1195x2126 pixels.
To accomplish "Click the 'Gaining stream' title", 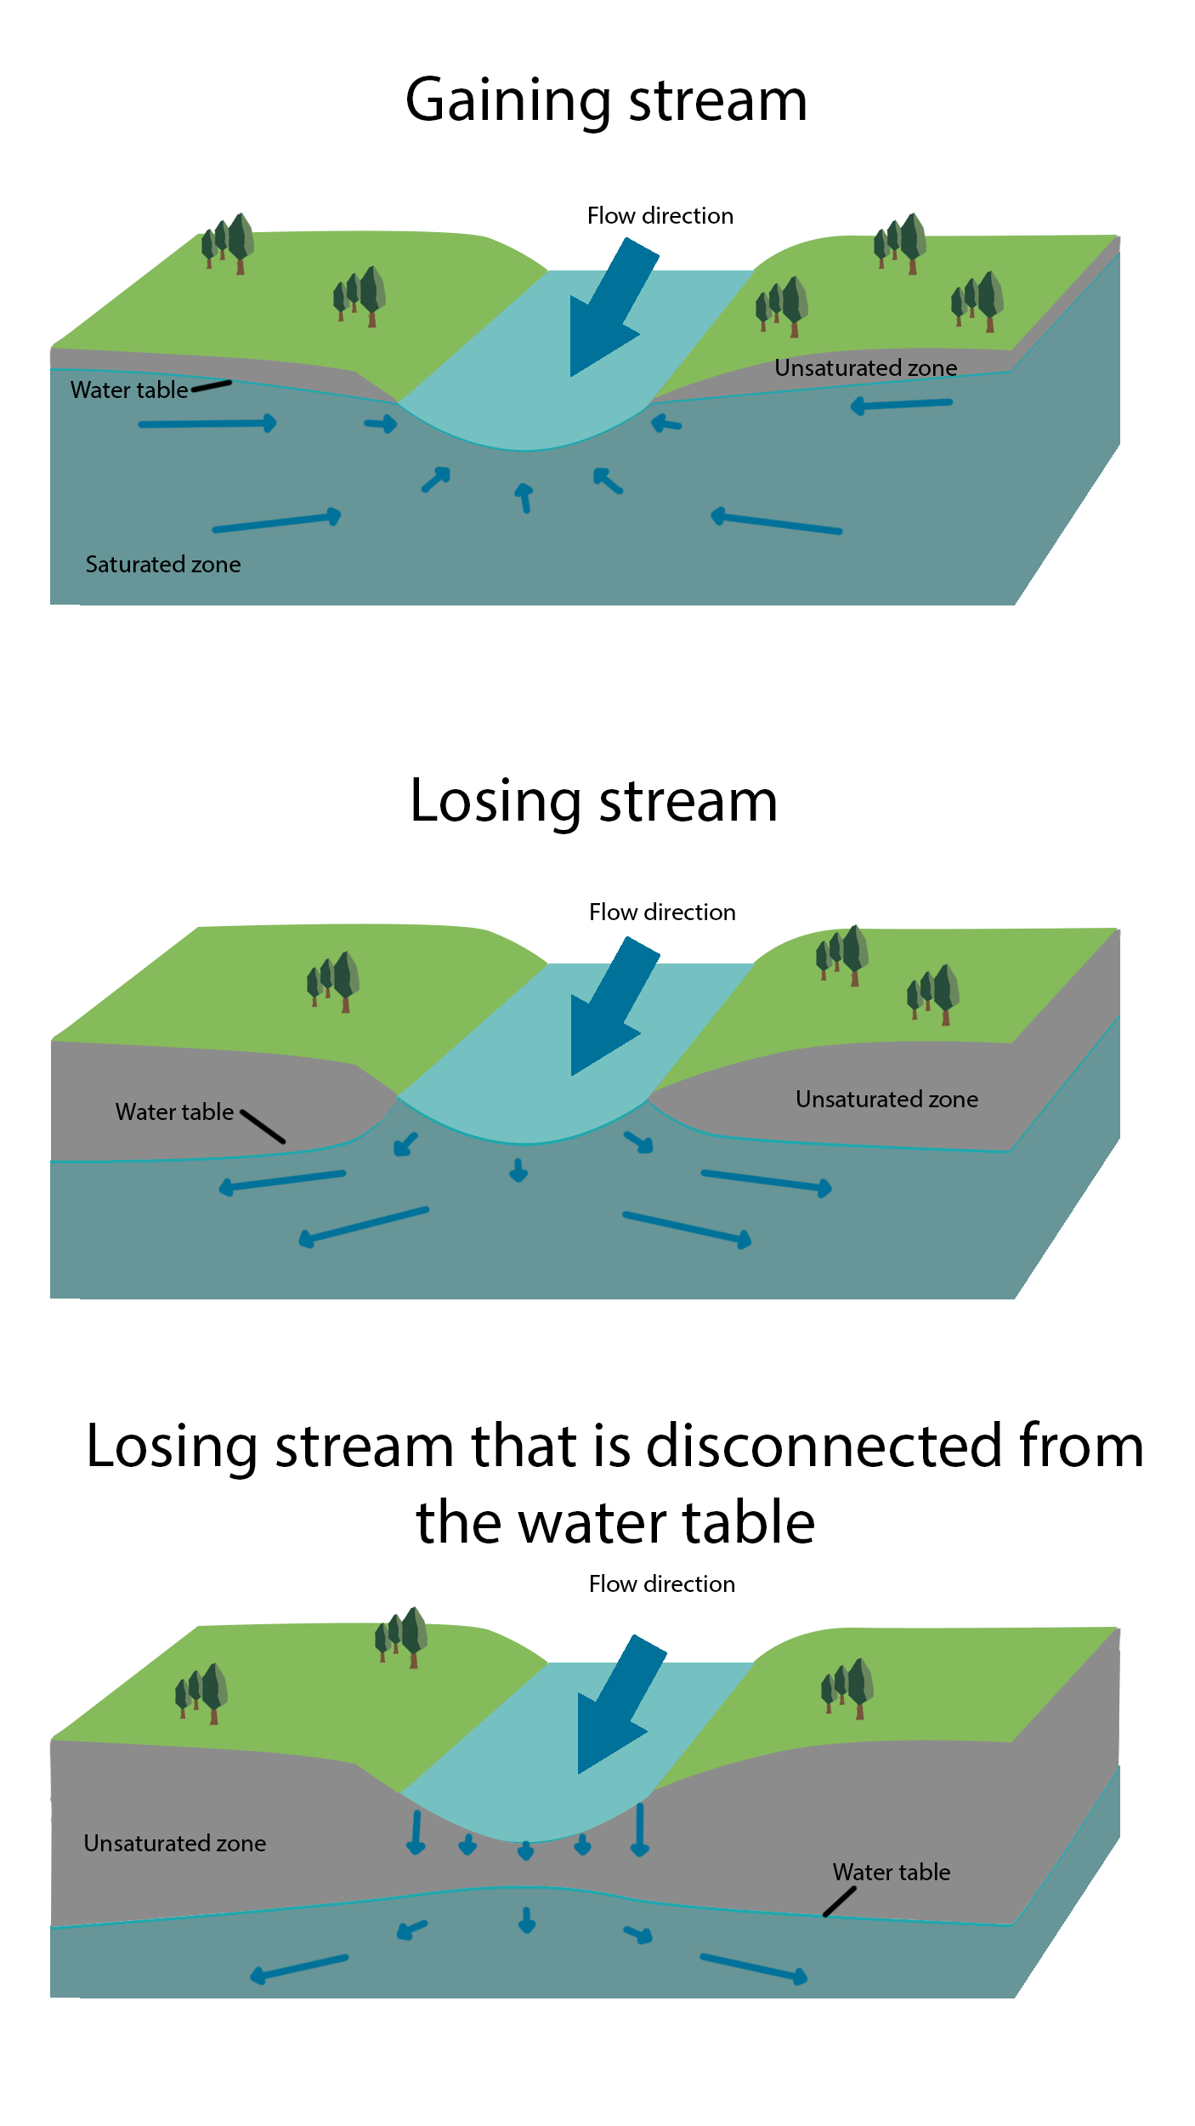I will (606, 100).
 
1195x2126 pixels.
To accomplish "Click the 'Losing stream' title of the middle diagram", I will (593, 801).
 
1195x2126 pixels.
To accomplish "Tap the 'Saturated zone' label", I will (163, 565).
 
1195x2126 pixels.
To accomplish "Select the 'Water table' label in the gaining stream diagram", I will (129, 390).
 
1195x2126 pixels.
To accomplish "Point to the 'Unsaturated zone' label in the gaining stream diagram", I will (865, 368).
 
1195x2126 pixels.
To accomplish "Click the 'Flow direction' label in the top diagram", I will (660, 216).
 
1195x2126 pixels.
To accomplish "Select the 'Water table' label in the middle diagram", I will (174, 1112).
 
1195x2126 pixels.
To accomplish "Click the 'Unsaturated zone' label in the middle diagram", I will (886, 1100).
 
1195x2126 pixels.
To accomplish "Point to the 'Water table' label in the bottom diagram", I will (892, 1873).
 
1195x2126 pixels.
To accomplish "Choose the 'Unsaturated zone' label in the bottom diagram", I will (175, 1844).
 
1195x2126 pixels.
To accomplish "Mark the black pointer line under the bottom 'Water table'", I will (840, 1902).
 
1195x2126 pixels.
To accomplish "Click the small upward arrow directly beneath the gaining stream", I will (525, 497).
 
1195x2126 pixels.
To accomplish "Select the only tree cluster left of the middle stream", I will (333, 981).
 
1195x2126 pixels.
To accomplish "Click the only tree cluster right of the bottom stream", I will (847, 1688).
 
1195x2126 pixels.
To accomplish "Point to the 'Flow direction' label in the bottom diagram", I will (661, 1584).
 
